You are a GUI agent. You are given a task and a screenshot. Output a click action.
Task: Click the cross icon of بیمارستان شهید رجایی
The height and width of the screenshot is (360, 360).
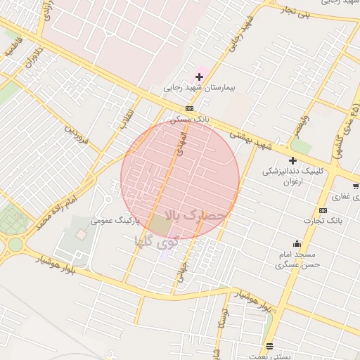200,76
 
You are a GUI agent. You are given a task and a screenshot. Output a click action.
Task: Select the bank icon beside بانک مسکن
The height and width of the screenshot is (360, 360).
189,108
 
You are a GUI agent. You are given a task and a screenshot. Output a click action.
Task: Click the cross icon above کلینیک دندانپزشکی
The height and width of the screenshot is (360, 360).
292,160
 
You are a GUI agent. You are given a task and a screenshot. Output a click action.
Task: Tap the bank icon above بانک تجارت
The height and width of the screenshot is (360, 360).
323,210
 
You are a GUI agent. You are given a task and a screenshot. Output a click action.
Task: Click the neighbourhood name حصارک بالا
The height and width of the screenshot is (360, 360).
196,214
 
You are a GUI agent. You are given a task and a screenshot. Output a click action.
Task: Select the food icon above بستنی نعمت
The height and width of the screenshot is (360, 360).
269,346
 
